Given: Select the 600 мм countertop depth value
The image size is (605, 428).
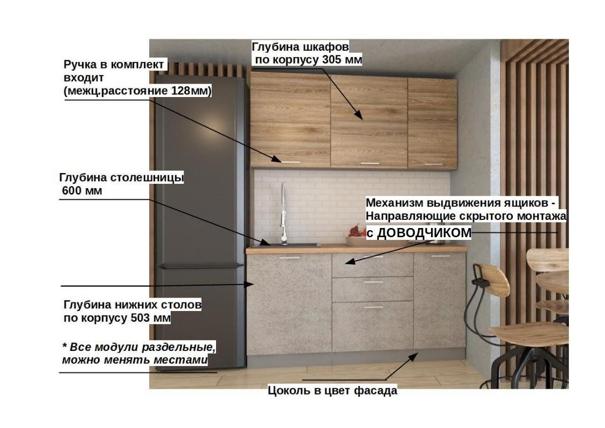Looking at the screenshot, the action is click(x=82, y=191).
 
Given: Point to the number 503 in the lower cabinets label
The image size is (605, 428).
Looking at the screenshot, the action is click(x=141, y=318).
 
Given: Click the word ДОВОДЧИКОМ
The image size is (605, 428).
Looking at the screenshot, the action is click(x=424, y=233).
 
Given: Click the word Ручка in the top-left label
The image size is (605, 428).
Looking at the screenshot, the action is click(x=80, y=65).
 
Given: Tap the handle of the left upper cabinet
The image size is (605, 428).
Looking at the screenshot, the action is click(x=290, y=162).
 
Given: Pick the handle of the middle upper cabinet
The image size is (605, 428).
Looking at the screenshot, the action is click(x=370, y=163).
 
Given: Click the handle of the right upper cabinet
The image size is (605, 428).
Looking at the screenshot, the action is click(x=433, y=164).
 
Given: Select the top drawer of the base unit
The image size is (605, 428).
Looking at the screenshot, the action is click(x=372, y=265).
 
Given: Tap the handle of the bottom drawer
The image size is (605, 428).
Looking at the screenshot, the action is click(x=373, y=308).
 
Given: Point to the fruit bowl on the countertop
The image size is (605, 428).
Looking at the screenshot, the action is click(x=357, y=237).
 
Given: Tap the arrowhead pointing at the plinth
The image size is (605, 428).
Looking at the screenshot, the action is click(x=413, y=357).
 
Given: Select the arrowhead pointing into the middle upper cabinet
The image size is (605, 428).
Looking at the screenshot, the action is click(x=358, y=115).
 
